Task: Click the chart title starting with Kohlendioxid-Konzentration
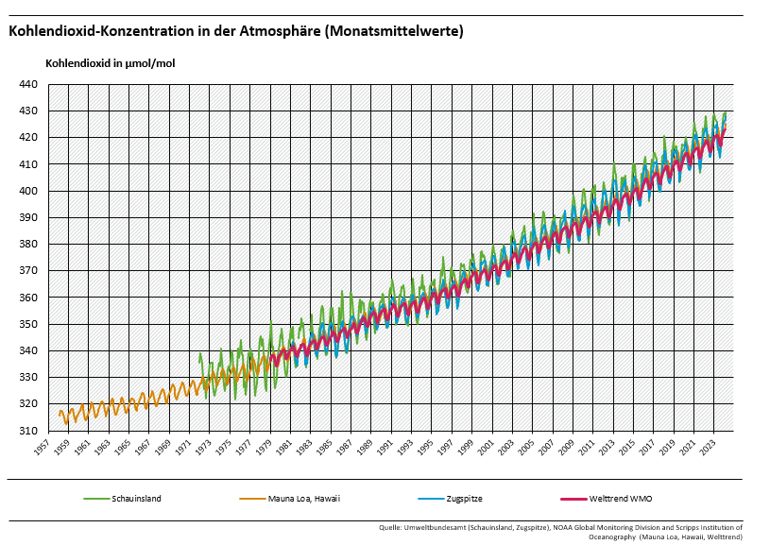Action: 235,31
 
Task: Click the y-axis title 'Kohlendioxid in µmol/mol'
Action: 110,64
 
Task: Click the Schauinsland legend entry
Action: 136,498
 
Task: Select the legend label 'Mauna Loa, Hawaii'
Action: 305,498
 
